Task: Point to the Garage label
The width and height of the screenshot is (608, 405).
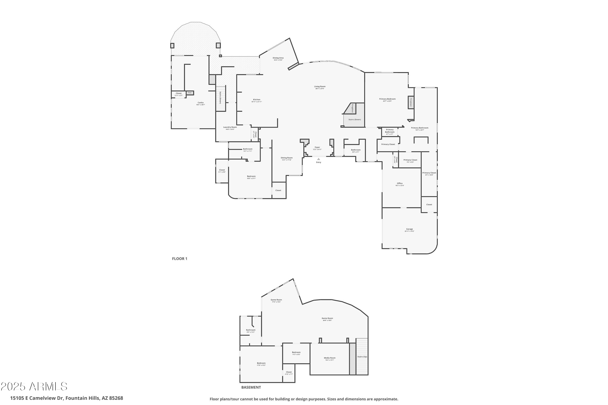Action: tap(409, 229)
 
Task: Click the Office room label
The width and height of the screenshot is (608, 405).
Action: tap(400, 183)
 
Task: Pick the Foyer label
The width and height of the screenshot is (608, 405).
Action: tap(317, 147)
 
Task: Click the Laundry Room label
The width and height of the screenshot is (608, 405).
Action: tap(230, 127)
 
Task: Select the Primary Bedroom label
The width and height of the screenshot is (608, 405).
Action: tap(387, 99)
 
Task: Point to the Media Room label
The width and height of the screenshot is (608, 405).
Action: tap(330, 358)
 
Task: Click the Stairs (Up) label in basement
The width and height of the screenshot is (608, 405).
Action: tap(362, 357)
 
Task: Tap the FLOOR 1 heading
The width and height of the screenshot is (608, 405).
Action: tap(180, 259)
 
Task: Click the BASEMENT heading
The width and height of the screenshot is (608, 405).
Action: tap(251, 387)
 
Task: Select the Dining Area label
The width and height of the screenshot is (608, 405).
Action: tap(278, 58)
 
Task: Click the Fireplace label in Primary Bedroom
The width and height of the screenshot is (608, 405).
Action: tap(411, 102)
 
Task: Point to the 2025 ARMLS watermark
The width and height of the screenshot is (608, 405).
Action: tap(34, 386)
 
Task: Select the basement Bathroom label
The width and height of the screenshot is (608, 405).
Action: tap(250, 330)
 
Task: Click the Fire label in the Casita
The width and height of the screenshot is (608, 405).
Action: tap(190, 93)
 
